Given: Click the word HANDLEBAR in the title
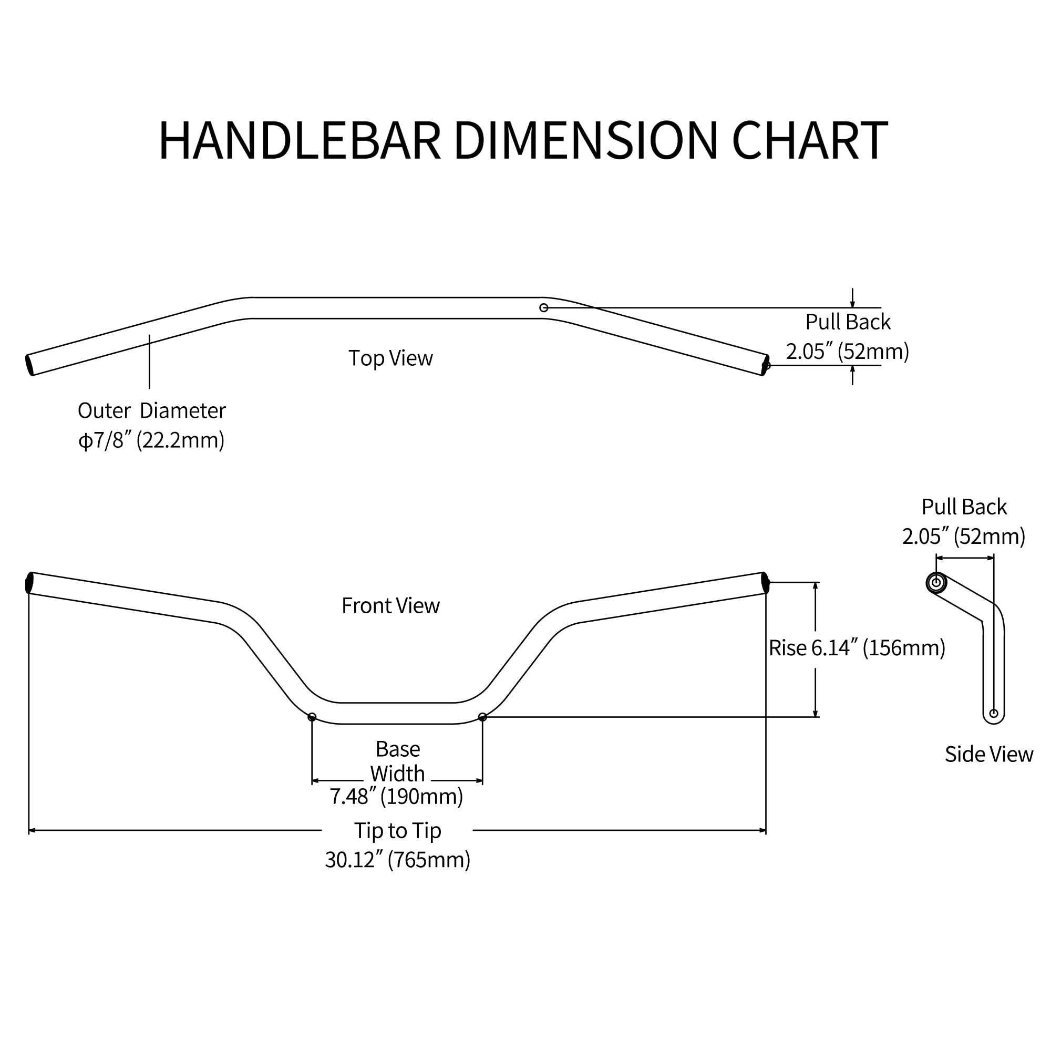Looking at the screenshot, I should (299, 140).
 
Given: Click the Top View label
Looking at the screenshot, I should (390, 358).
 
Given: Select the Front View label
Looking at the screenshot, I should (390, 605).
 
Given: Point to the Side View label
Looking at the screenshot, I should (988, 754).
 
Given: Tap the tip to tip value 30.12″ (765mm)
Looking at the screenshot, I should (397, 860).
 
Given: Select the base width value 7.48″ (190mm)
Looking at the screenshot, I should (396, 797).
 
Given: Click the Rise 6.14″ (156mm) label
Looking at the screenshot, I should (857, 648).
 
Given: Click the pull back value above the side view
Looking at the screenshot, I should (963, 537).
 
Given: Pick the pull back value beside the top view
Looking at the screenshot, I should (847, 352).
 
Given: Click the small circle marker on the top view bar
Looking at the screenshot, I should (543, 308).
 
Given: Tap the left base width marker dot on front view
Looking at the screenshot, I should (312, 717).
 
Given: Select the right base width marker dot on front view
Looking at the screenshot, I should (482, 717).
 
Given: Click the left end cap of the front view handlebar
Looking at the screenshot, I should (29, 583).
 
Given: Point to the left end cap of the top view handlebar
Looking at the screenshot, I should (29, 365).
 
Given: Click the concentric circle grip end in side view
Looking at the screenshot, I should (936, 583).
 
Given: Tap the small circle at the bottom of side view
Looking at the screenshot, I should (993, 713).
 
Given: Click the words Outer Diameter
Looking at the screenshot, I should (151, 411).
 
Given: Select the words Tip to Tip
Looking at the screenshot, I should (397, 831).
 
